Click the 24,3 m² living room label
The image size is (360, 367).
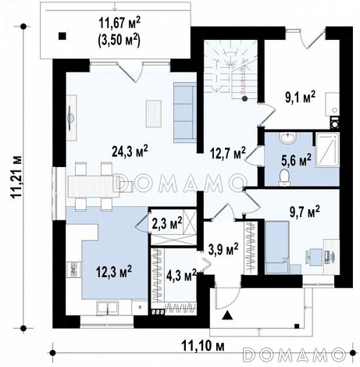130,151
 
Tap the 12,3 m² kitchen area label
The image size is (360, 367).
114,272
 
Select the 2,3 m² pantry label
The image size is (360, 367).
167,224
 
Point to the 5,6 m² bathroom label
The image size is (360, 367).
296,159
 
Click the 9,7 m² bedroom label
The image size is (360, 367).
305,212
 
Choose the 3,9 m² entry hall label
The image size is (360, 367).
223,249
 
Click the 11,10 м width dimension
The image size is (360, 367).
203,346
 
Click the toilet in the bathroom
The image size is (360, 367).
284,178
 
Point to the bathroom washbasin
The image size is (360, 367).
287,137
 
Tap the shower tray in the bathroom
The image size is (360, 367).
327,150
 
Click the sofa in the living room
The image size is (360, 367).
185,112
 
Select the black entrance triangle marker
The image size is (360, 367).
228,315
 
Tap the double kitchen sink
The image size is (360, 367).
107,308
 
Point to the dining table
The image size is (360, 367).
94,186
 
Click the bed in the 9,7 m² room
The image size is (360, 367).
277,248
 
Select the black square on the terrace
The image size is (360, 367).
62,36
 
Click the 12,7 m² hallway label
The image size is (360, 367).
228,154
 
